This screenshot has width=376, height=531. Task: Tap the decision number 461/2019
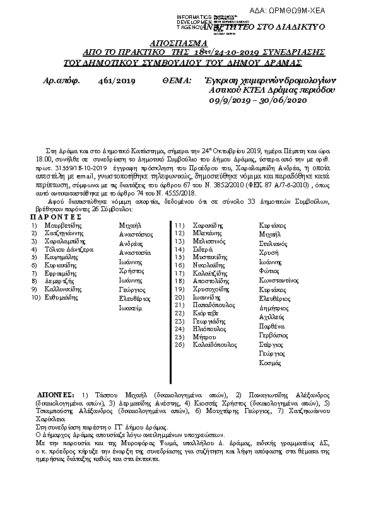[117, 81]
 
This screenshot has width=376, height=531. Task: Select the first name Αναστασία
[135, 252]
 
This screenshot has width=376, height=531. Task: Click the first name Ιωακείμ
[131, 308]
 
